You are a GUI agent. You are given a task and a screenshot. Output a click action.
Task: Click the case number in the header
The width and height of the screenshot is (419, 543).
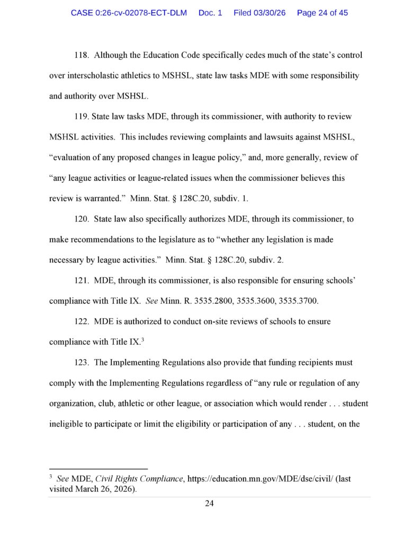tap(129, 13)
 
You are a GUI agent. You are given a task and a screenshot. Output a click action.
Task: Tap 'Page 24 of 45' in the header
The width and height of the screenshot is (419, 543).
tap(322, 13)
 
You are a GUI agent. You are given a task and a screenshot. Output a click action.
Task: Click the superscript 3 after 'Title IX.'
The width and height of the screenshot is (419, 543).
tap(142, 339)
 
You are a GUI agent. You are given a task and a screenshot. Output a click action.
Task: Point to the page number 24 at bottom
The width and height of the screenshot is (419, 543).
tap(209, 503)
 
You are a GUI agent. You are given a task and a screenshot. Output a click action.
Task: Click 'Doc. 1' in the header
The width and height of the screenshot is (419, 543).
tap(210, 13)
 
